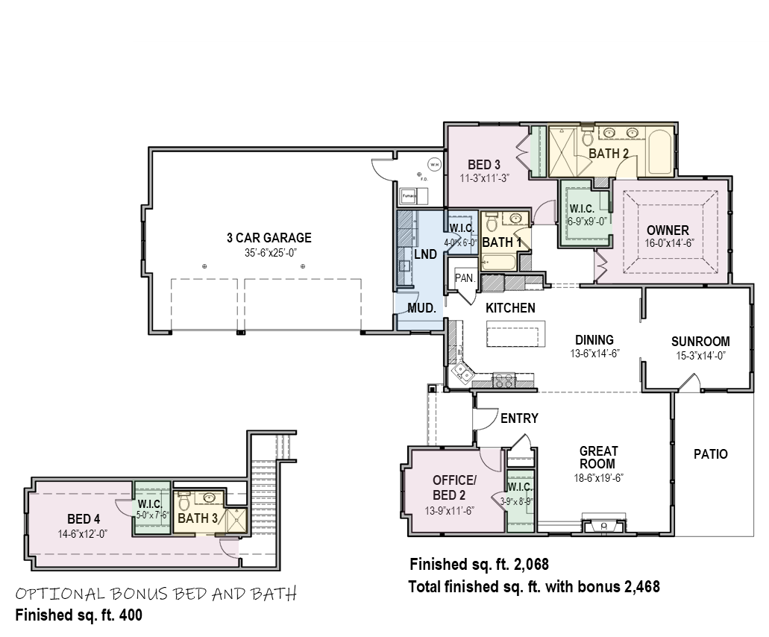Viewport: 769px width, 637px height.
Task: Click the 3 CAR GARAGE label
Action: [x=269, y=238]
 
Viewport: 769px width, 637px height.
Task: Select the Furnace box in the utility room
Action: [x=409, y=196]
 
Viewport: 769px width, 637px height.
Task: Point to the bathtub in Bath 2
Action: [x=661, y=153]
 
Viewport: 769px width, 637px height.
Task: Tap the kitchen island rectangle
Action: [x=515, y=333]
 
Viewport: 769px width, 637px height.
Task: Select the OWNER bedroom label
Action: [x=668, y=230]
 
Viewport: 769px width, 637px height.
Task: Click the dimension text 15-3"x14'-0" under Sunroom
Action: [x=700, y=356]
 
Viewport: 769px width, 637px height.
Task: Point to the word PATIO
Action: [x=710, y=454]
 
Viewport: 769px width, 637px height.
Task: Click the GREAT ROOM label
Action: [x=599, y=457]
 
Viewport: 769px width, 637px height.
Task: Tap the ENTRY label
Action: [x=519, y=418]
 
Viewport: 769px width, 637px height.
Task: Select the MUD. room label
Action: [x=421, y=307]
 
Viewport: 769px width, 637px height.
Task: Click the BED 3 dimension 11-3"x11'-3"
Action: [x=483, y=178]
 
